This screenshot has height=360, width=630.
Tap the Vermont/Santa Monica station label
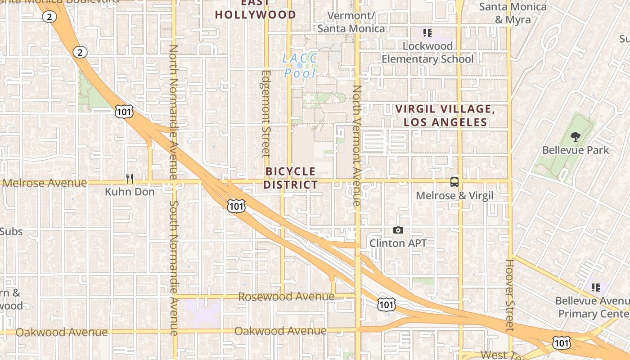[351, 22]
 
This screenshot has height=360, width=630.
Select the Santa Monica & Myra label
[513, 13]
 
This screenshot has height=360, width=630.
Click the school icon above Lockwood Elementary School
[427, 33]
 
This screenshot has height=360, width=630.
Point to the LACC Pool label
[300, 66]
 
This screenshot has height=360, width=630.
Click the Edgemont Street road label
[266, 113]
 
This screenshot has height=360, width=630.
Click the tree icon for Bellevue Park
[575, 137]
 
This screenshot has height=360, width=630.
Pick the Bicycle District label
[291, 178]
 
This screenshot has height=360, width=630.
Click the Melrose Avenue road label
[45, 183]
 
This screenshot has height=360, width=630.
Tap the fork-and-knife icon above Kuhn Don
[130, 179]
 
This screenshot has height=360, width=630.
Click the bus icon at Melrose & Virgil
[454, 182]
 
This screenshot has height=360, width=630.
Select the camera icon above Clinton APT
[398, 230]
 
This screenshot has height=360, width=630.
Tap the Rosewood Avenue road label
[286, 297]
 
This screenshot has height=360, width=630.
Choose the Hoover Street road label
[509, 295]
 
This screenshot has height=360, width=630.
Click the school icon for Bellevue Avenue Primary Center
[595, 287]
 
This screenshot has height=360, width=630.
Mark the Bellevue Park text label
[575, 150]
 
